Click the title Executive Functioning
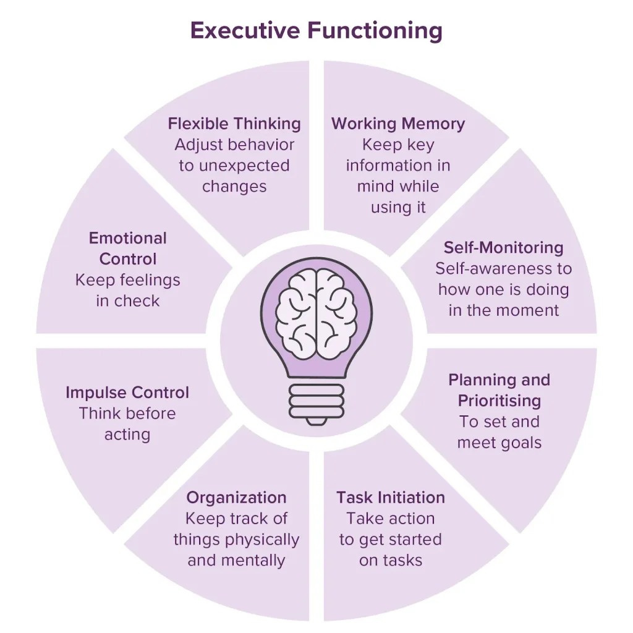[316, 30]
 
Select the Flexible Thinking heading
[234, 124]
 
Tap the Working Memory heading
[398, 124]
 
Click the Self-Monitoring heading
[503, 248]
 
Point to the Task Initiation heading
[390, 498]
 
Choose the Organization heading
[236, 498]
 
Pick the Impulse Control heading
[127, 393]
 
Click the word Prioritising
[499, 401]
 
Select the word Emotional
[127, 238]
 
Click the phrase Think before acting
[127, 424]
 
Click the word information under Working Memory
[398, 166]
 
